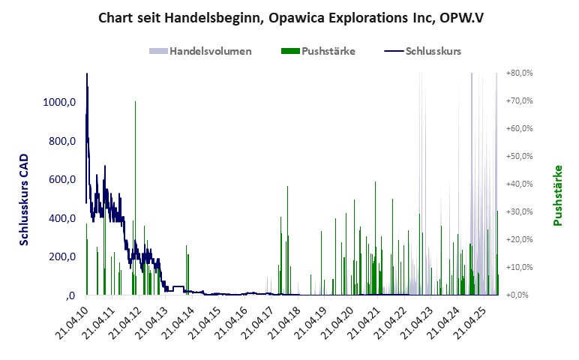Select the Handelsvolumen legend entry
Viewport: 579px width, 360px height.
pos(200,52)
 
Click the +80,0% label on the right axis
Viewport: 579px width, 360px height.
pos(519,73)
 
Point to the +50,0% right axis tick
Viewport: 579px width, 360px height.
pos(519,157)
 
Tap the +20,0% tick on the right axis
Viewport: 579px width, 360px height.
pos(519,239)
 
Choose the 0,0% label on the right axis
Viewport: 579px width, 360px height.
pos(520,295)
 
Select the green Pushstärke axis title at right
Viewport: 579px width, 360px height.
pos(557,196)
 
